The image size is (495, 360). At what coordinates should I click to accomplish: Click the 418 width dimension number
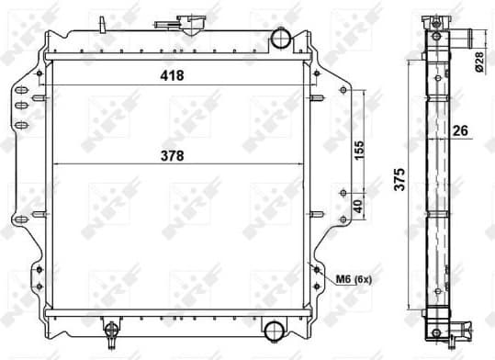coord(171,75)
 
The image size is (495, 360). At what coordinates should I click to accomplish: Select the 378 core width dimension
coord(171,155)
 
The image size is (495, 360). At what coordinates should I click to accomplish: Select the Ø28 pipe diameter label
coord(478,62)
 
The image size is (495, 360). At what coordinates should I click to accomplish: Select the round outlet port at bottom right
coord(274,330)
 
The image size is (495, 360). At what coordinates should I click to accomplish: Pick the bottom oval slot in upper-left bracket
coord(19,120)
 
